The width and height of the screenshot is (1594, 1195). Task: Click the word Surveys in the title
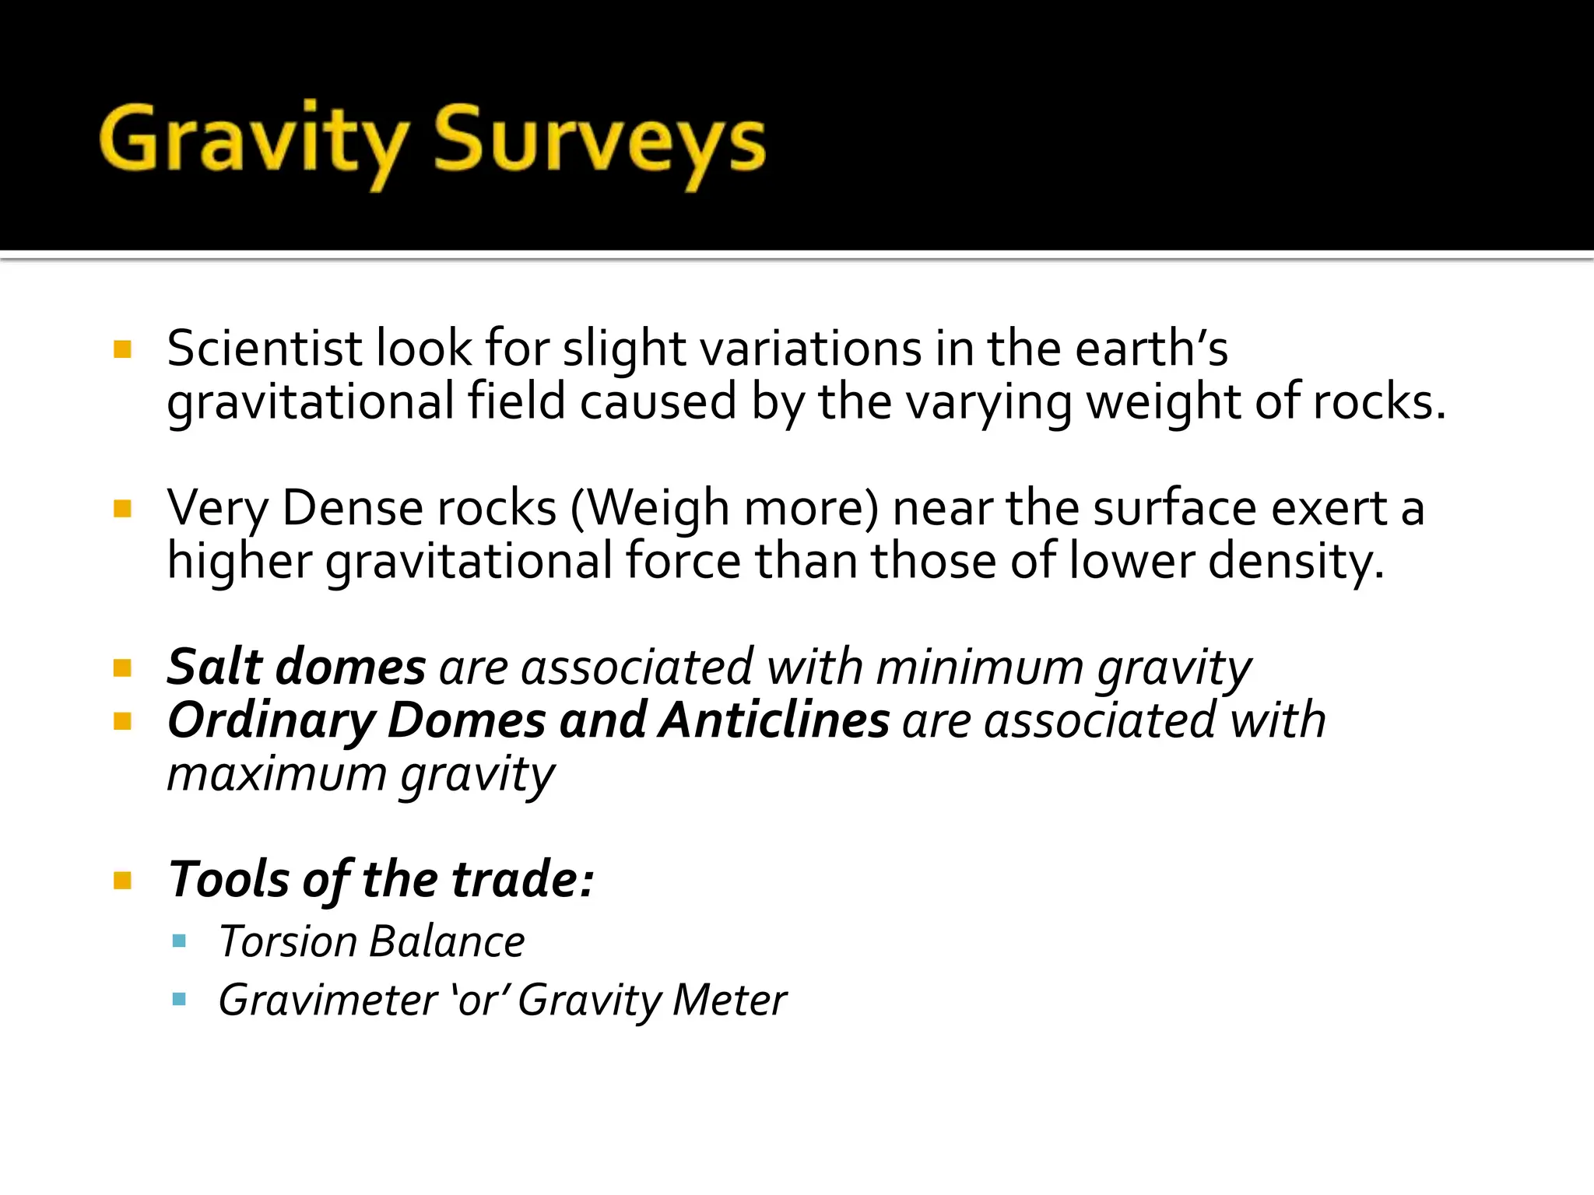point(599,142)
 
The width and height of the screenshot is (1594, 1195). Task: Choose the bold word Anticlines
point(774,720)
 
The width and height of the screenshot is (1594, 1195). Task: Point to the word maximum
point(277,774)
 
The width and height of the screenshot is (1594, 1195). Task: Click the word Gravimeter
point(328,1000)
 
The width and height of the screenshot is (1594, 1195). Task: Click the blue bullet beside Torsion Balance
point(180,941)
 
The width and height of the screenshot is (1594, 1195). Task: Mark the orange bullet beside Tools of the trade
point(122,881)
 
